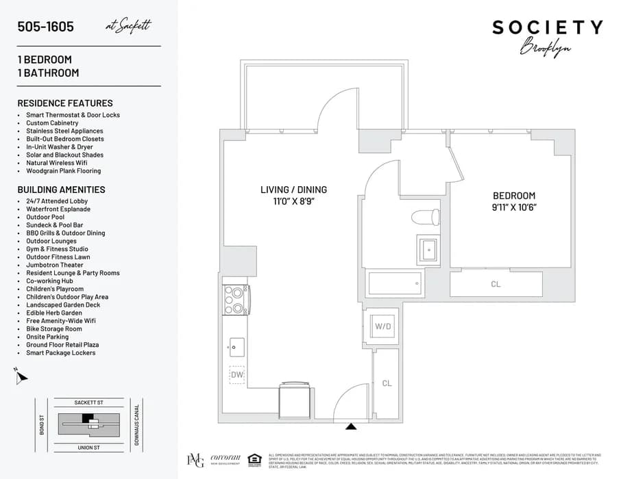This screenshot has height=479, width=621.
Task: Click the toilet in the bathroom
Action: tap(426, 217)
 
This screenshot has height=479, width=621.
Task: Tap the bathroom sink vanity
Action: tap(429, 249)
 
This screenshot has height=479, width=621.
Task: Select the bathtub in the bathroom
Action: tap(395, 283)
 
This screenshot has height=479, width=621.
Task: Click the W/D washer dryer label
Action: tap(382, 326)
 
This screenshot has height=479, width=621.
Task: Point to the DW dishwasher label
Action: tap(237, 374)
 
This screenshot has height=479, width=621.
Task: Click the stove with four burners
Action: tap(236, 299)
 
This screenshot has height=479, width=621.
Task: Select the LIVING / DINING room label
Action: tap(293, 190)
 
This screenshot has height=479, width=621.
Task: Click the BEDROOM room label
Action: tap(513, 196)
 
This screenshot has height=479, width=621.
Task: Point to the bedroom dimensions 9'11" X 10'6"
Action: tap(513, 207)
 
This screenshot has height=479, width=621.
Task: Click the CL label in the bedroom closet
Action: tap(496, 284)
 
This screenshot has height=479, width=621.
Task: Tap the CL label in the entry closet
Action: tap(387, 383)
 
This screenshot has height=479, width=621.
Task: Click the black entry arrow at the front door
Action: tap(351, 426)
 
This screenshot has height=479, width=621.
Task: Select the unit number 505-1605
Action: tap(46, 27)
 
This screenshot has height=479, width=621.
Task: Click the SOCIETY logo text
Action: tap(547, 27)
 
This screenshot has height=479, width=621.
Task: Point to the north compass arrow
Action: tap(21, 375)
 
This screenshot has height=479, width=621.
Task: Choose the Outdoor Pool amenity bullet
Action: tap(45, 217)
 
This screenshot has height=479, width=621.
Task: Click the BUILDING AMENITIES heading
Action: tap(61, 190)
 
